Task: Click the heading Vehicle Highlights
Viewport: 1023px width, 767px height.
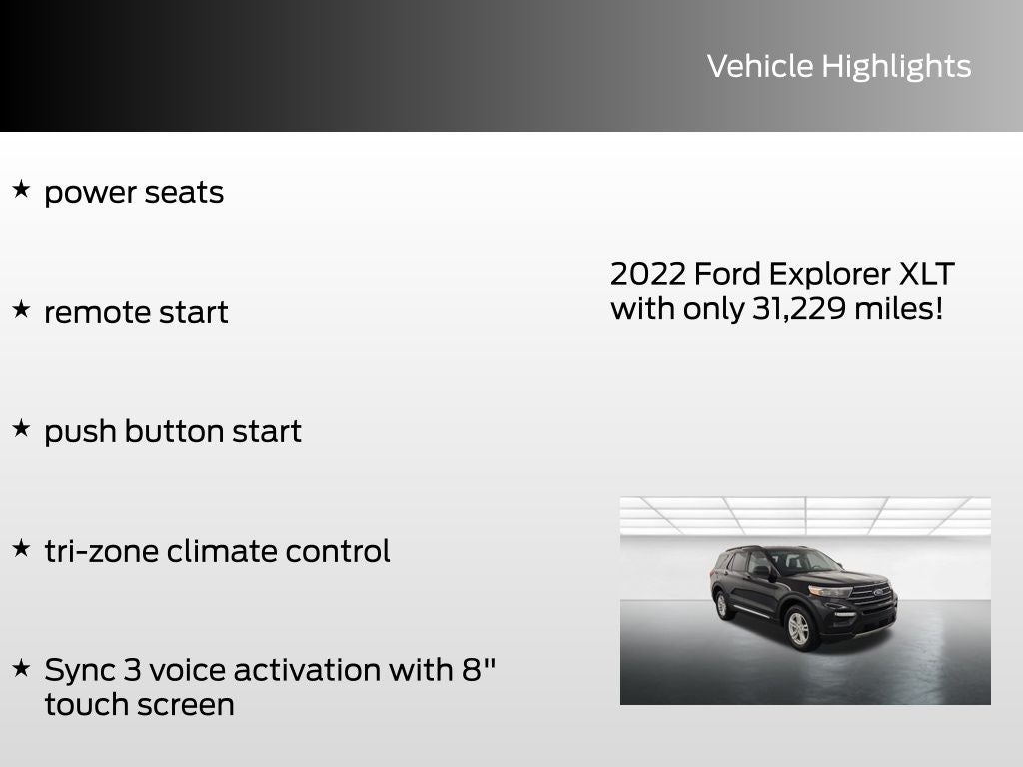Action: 838,66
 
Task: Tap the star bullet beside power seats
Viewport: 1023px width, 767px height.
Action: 21,189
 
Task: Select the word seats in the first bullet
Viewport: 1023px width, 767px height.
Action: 185,192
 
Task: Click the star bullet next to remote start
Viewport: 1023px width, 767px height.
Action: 21,309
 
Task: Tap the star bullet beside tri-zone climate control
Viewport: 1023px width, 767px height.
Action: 21,548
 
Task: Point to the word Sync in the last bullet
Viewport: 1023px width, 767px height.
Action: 77,670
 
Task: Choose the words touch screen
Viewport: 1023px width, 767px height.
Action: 139,704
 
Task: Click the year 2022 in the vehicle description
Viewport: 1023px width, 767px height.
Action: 646,274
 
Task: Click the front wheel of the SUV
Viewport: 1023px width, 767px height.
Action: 798,629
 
